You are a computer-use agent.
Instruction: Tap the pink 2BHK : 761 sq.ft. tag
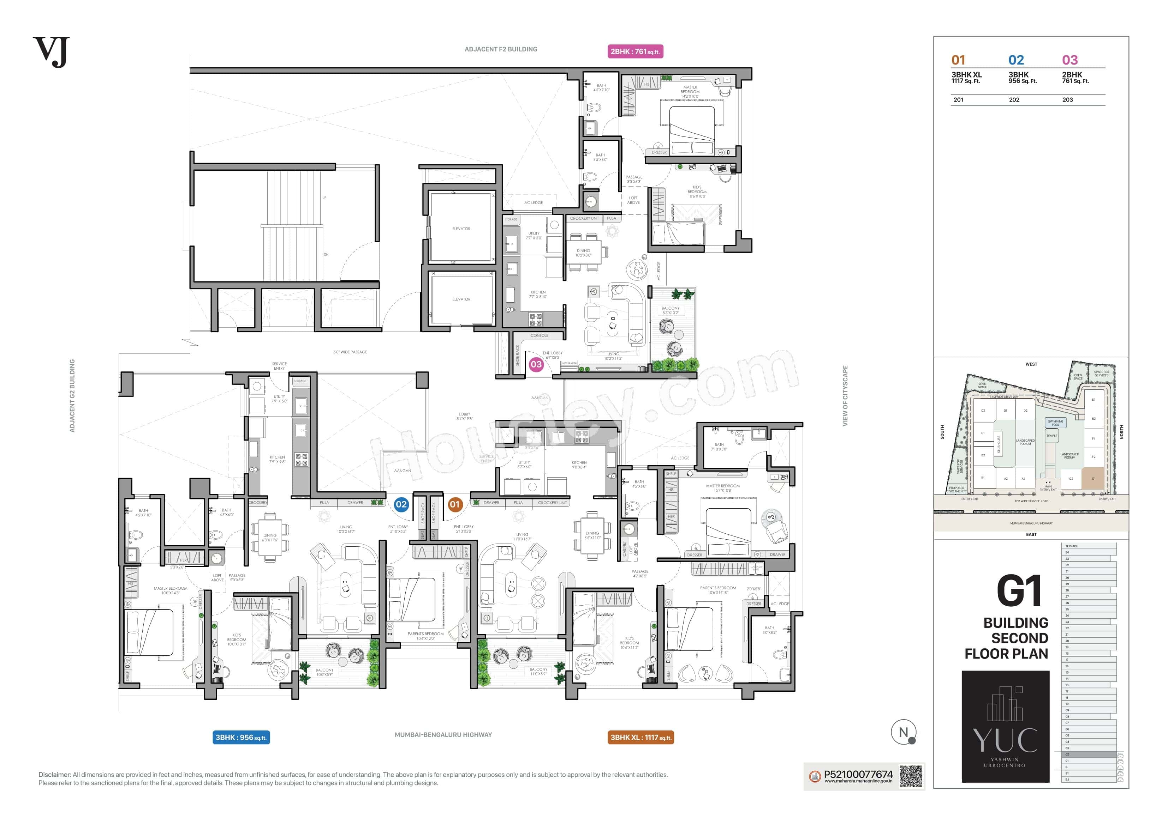click(x=635, y=51)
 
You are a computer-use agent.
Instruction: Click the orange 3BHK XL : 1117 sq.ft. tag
click(x=640, y=737)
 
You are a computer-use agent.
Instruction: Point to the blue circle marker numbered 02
click(x=401, y=504)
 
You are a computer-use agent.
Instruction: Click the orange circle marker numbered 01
click(x=454, y=504)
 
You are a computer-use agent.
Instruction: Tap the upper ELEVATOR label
click(x=461, y=229)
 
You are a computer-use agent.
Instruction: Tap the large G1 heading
click(x=1019, y=591)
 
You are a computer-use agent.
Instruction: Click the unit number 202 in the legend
click(x=1014, y=99)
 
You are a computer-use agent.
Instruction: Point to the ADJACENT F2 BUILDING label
click(x=501, y=49)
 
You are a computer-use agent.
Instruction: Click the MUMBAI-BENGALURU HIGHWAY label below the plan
click(x=443, y=734)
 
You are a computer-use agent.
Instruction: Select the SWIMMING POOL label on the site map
click(x=1055, y=423)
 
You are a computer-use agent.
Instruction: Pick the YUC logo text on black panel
click(x=1005, y=741)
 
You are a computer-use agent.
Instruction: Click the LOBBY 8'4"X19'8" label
click(x=464, y=416)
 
